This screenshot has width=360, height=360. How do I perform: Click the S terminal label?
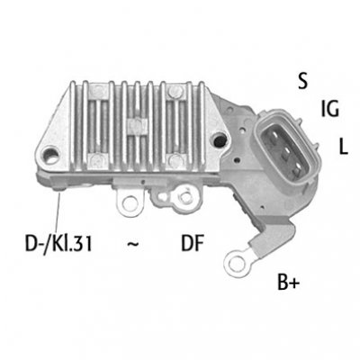coord(303,81)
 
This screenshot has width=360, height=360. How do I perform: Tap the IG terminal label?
coord(329,109)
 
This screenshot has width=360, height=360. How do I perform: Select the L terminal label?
coord(343,146)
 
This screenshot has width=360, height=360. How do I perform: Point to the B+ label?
coord(288,282)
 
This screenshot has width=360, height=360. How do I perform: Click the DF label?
coord(193,243)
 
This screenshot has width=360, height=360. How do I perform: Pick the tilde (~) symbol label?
coord(133,244)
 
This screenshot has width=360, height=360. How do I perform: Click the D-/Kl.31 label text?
coord(58,244)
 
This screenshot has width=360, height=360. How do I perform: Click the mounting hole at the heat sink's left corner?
coord(50,157)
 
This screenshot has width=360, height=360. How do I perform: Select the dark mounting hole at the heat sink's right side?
coord(220,139)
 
